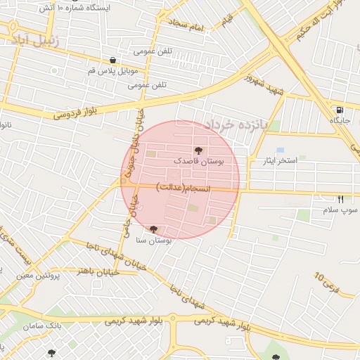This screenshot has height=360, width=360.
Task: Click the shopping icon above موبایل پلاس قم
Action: click(x=112, y=60)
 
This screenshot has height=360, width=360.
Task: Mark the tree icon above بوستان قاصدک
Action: click(x=198, y=150)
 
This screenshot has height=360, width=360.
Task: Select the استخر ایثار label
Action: click(x=278, y=161)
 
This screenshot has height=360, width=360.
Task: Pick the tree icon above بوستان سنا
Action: click(x=153, y=229)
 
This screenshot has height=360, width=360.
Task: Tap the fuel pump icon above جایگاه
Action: click(x=340, y=110)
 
